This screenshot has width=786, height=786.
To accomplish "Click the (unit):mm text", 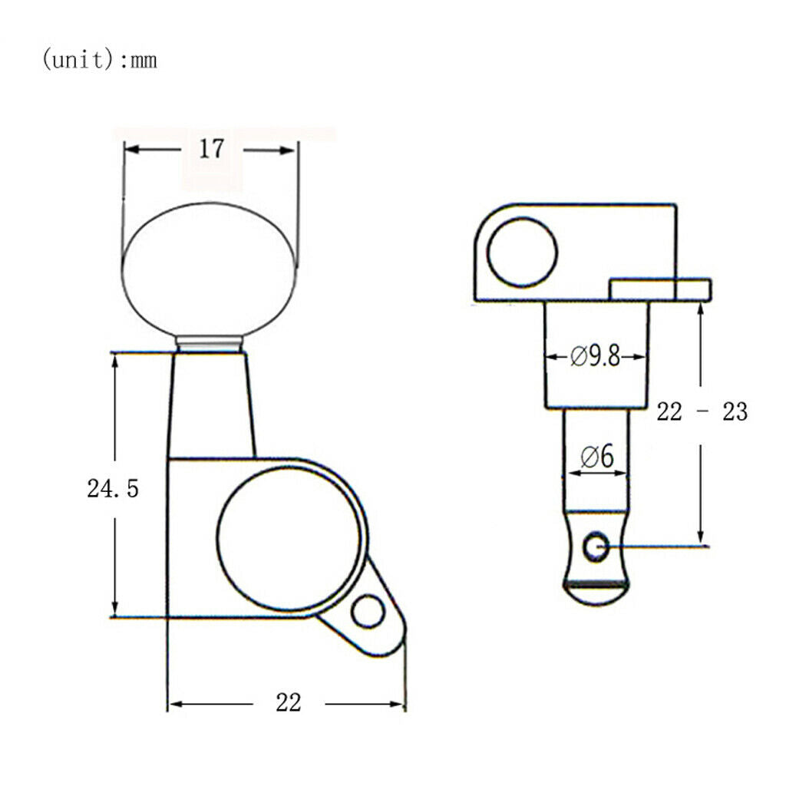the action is tap(99, 60).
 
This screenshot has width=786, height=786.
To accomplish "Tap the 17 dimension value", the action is tap(211, 149).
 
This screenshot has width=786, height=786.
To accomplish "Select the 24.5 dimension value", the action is tap(113, 488).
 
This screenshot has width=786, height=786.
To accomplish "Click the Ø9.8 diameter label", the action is tap(596, 357).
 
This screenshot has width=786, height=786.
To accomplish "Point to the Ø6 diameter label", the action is tap(597, 457).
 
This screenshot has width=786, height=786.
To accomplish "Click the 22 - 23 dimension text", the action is tap(702, 411).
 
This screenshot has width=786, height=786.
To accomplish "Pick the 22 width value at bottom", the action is tap(289, 702).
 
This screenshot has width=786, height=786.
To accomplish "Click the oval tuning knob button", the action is tap(210, 269).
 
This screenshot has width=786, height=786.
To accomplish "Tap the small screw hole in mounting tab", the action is tap(368, 612).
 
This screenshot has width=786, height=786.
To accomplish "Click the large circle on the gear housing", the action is tap(289, 538).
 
